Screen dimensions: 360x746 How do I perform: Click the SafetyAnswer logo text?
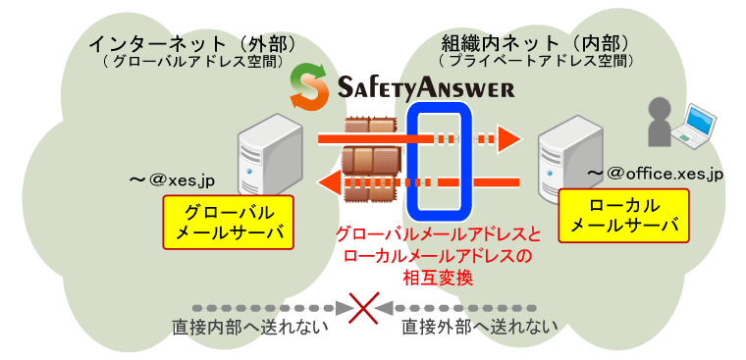[425, 87]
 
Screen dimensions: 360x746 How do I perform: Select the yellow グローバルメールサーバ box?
[229, 223]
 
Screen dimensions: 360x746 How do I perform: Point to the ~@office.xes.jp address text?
[655, 173]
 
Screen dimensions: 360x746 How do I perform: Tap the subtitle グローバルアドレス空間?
[192, 62]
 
